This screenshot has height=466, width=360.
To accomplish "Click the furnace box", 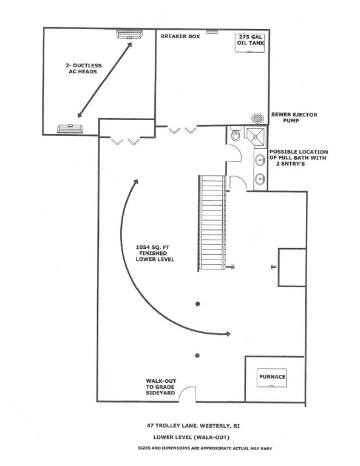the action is (x=272, y=378).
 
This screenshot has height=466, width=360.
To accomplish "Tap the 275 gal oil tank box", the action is (x=250, y=43).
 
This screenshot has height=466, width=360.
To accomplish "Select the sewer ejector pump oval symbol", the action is (x=257, y=118).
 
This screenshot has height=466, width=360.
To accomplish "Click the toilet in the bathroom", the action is (x=236, y=135).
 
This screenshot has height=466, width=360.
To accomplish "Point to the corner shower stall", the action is (x=255, y=136).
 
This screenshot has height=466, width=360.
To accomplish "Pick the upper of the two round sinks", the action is (x=260, y=160).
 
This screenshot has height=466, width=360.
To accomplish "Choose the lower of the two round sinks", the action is (x=260, y=179).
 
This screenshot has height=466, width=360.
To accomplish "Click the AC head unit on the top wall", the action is (x=129, y=35).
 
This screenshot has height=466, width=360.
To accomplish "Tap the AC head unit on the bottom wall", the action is (x=70, y=129).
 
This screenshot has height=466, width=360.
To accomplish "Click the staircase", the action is (x=212, y=222).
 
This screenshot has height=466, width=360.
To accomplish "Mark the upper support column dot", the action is (x=198, y=304).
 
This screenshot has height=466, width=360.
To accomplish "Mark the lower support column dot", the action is (x=197, y=356).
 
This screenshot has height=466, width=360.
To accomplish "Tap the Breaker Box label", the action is (x=180, y=36).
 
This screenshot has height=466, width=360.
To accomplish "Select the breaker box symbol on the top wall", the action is (x=212, y=31).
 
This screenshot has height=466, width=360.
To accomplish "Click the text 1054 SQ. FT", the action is (x=152, y=248).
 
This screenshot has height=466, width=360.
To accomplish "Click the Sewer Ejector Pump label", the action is (x=294, y=117).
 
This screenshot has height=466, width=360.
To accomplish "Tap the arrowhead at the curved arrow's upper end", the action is (x=135, y=182).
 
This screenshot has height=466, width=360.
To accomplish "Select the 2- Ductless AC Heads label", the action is (x=84, y=69).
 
